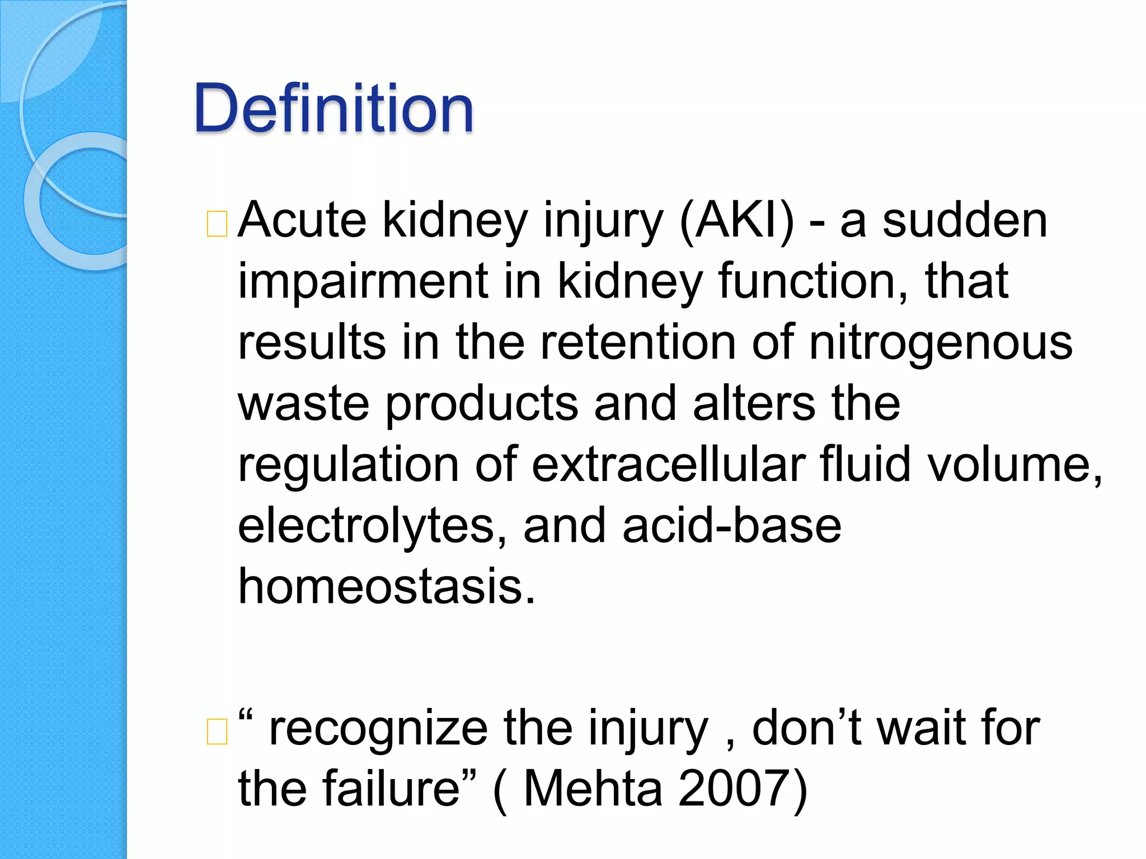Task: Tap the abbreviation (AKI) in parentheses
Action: pos(736,221)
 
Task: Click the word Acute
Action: pos(302,221)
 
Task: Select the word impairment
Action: pos(362,282)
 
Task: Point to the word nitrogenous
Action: pos(941,343)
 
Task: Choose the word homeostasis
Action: pos(387,587)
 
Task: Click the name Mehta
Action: pos(593,789)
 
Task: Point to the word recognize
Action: pos(378,729)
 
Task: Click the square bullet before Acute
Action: pos(217,224)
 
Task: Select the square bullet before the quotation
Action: pos(217,731)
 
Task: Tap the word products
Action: pos(482,404)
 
